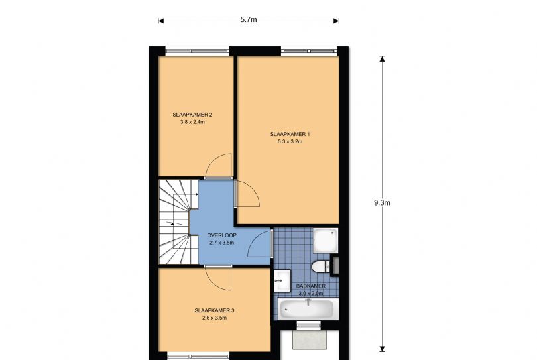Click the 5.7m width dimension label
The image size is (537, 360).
pyautogui.click(x=249, y=20)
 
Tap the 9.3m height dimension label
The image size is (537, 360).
pyautogui.click(x=382, y=203)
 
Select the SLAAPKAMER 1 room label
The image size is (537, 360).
pyautogui.click(x=290, y=134)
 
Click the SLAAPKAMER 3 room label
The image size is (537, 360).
pyautogui.click(x=214, y=310)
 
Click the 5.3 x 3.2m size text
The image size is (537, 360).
pyautogui.click(x=290, y=141)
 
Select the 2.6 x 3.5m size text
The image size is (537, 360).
pyautogui.click(x=214, y=318)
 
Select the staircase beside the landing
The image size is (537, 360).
pyautogui.click(x=174, y=221)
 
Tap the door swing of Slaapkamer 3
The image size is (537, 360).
pyautogui.click(x=217, y=276)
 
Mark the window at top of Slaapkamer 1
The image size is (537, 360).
pyautogui.click(x=308, y=50)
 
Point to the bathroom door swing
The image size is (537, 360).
pyautogui.click(x=260, y=245)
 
